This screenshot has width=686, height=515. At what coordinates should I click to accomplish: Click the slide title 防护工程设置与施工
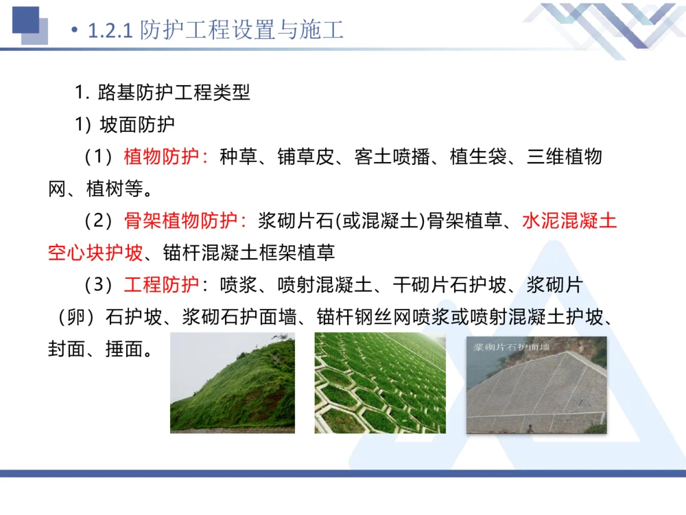click(x=241, y=30)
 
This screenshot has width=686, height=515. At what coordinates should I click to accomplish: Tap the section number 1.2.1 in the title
click(x=110, y=31)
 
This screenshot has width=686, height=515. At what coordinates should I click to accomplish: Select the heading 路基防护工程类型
click(x=174, y=92)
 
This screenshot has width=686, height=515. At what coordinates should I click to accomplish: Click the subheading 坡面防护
click(x=137, y=124)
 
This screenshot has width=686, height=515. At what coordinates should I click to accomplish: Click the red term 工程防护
click(x=161, y=284)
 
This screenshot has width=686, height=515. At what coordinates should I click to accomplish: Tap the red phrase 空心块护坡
click(x=95, y=253)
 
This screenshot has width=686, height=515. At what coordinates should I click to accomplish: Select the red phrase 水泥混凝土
click(x=569, y=221)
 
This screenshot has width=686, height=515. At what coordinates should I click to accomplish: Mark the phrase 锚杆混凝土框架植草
click(x=249, y=253)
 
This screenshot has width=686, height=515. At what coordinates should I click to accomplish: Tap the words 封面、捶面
click(x=99, y=349)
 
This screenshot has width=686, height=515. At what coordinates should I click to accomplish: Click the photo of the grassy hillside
click(x=233, y=383)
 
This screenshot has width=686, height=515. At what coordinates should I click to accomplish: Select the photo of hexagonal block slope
click(x=380, y=383)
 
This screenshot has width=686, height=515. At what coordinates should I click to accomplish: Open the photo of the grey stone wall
click(x=536, y=391)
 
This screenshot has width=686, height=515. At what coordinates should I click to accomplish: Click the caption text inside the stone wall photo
click(x=511, y=347)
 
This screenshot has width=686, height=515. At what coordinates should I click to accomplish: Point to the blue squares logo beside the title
click(x=29, y=24)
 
